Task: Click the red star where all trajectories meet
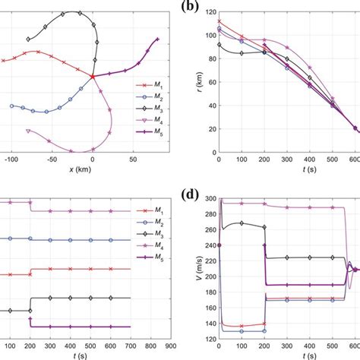point(92,77)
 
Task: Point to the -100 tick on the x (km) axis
point(11,162)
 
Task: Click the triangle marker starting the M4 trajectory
point(28,131)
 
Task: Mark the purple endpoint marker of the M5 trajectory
point(157,39)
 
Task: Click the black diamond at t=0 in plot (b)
point(219,45)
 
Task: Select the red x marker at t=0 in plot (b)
point(219,21)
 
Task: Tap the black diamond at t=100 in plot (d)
point(242,223)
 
